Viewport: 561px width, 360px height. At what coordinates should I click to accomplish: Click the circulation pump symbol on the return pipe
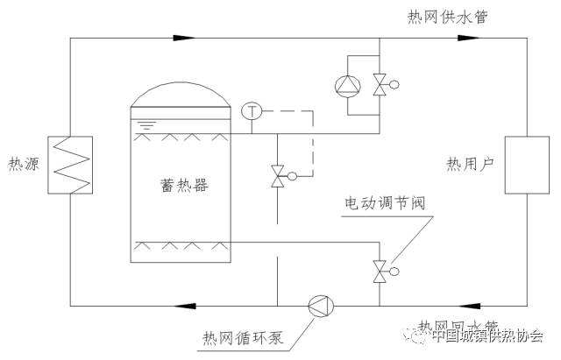[318, 306]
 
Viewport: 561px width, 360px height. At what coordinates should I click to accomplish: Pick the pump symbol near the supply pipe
[347, 85]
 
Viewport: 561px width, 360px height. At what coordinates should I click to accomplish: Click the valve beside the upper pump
[380, 85]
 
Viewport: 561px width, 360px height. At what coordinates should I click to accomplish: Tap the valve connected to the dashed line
[279, 176]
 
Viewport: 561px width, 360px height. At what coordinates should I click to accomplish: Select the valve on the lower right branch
[380, 271]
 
